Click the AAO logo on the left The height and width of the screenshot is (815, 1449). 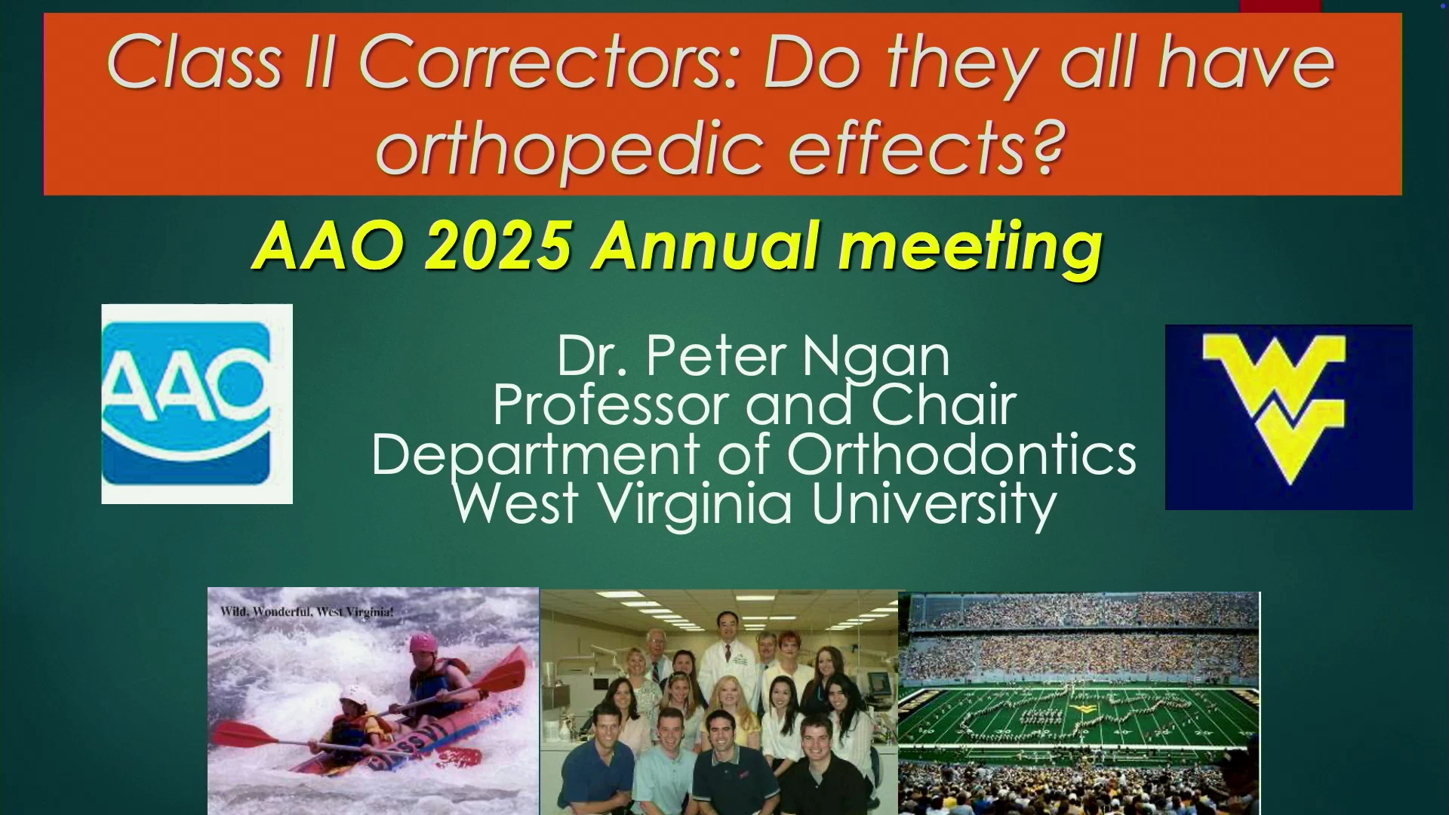tap(197, 404)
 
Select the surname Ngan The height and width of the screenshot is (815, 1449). tap(875, 358)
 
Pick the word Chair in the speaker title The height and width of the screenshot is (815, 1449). tap(944, 405)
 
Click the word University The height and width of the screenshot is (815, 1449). tap(934, 505)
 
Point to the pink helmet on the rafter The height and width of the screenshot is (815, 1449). tap(423, 643)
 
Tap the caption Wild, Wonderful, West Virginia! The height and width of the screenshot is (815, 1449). tap(306, 611)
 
